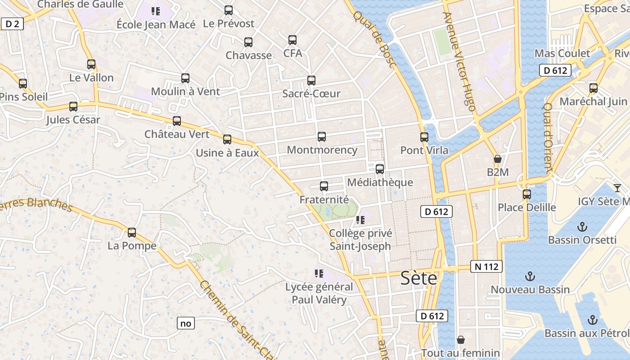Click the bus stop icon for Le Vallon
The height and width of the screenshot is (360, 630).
tap(91, 64)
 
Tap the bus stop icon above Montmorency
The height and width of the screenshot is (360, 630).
tap(322, 137)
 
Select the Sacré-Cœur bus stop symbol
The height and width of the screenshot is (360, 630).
tap(311, 81)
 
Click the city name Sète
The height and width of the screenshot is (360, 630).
tap(418, 279)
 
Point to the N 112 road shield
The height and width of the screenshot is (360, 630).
tap(486, 266)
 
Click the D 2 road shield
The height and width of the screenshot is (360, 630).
tap(12, 24)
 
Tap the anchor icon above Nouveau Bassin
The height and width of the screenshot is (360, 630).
tap(530, 276)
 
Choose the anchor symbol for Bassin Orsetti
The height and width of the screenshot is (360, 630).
tap(582, 226)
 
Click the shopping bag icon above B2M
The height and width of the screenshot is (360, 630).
tap(498, 159)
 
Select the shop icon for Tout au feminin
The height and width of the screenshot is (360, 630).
tap(460, 340)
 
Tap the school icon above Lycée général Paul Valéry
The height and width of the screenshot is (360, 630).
tap(319, 274)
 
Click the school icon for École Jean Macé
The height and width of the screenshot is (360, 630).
tap(156, 11)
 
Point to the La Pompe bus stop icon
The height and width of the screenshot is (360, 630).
tap(132, 233)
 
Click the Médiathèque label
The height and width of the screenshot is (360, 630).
tap(380, 182)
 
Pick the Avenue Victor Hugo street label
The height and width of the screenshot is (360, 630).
tap(459, 61)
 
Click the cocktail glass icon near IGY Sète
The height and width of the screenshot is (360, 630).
tap(617, 188)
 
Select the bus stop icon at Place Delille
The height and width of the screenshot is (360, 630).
tap(527, 195)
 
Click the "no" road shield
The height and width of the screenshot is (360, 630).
tap(185, 323)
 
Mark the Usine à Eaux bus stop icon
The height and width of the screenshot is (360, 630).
tap(227, 139)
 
